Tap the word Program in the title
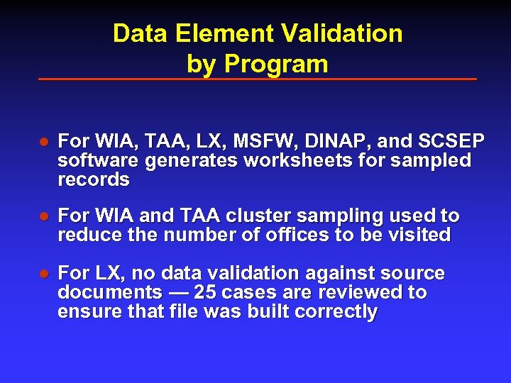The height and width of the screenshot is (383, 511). (275, 64)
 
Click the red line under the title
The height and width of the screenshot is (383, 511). (257, 79)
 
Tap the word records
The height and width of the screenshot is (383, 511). (94, 179)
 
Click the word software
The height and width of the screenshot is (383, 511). (99, 160)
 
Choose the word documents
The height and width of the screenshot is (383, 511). (109, 293)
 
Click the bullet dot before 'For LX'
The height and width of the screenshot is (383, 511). (43, 274)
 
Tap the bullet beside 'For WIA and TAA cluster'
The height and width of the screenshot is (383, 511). (43, 216)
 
